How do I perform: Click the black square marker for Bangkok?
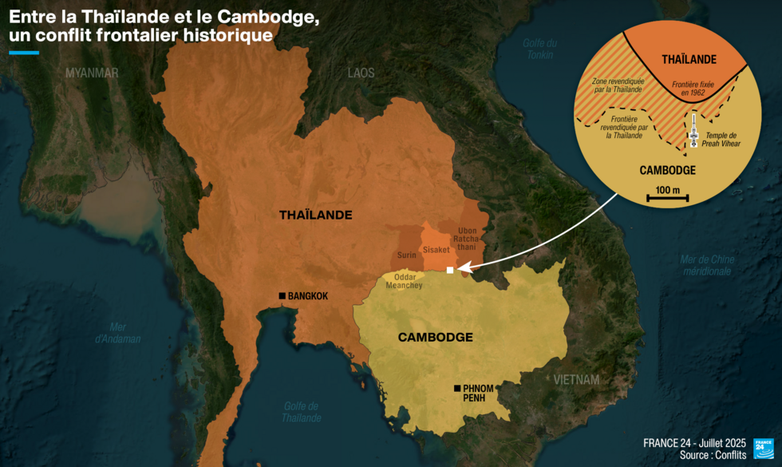click(282, 296)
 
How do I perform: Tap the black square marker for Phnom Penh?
click(456, 389)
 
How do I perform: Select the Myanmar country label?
click(92, 73)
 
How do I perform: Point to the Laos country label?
click(361, 73)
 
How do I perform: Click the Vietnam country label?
click(576, 380)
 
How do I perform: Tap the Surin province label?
click(407, 255)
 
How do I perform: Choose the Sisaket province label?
click(436, 250)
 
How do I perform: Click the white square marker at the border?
click(450, 270)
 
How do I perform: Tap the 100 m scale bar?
click(667, 196)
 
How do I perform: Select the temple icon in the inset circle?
click(693, 131)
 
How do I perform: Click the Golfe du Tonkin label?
click(540, 49)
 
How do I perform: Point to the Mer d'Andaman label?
click(118, 333)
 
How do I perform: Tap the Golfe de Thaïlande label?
click(301, 412)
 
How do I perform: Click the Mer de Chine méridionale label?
click(707, 265)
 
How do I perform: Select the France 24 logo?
click(764, 449)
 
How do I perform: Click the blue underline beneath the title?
click(24, 53)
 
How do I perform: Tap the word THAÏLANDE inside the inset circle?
click(689, 60)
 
